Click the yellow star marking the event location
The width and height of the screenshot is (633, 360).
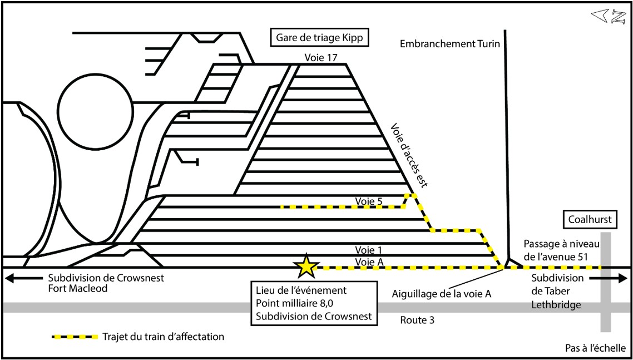(x=305, y=267)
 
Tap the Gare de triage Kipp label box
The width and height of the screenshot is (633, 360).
(x=320, y=38)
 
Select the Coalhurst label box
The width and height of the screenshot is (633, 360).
(x=590, y=220)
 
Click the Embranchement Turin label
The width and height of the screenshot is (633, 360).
(x=450, y=43)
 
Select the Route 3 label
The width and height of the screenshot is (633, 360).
(x=417, y=320)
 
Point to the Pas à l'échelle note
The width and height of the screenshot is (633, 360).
(x=596, y=348)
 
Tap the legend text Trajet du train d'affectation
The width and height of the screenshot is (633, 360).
(x=163, y=337)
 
